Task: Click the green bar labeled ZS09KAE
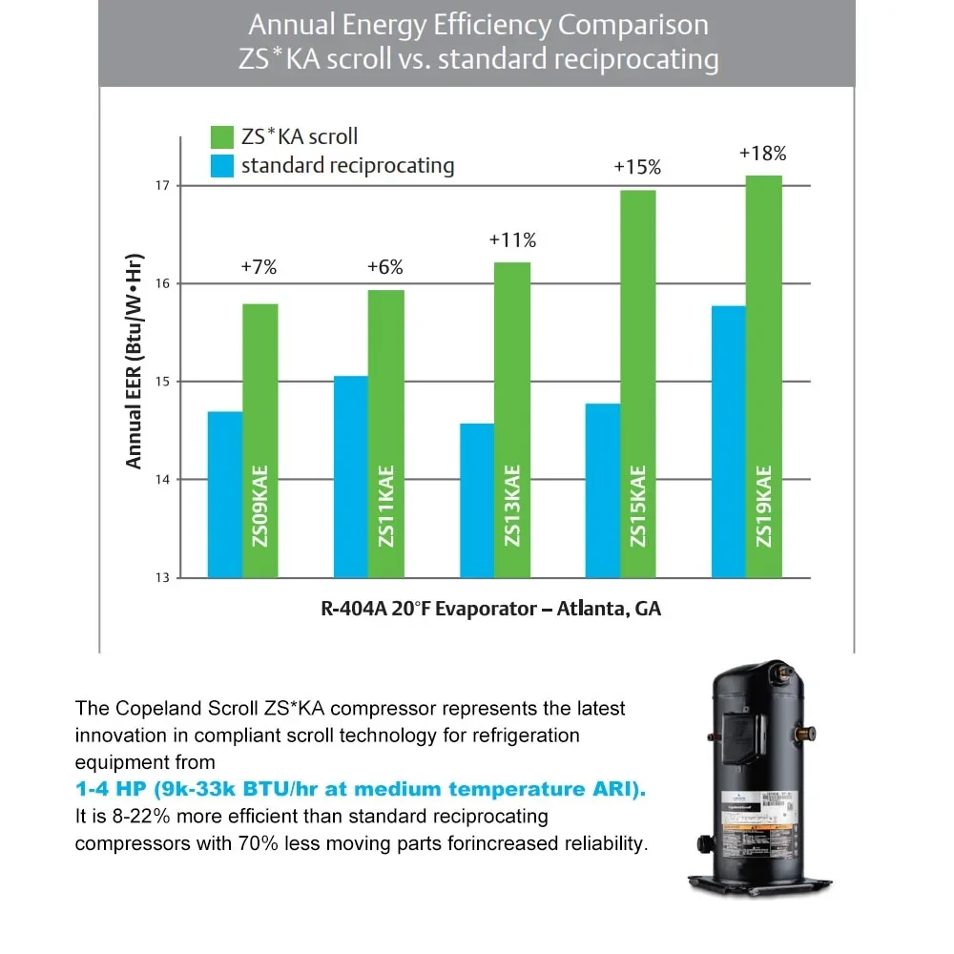click(x=259, y=440)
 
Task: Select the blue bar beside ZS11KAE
click(x=350, y=476)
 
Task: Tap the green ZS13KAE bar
click(x=512, y=420)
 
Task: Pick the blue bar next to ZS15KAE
click(x=602, y=490)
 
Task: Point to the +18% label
click(x=762, y=153)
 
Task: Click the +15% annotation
click(x=637, y=167)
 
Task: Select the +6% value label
click(x=384, y=267)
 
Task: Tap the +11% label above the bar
click(x=512, y=240)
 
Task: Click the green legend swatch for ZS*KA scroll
click(x=221, y=135)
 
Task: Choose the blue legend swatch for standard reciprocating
click(x=221, y=165)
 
